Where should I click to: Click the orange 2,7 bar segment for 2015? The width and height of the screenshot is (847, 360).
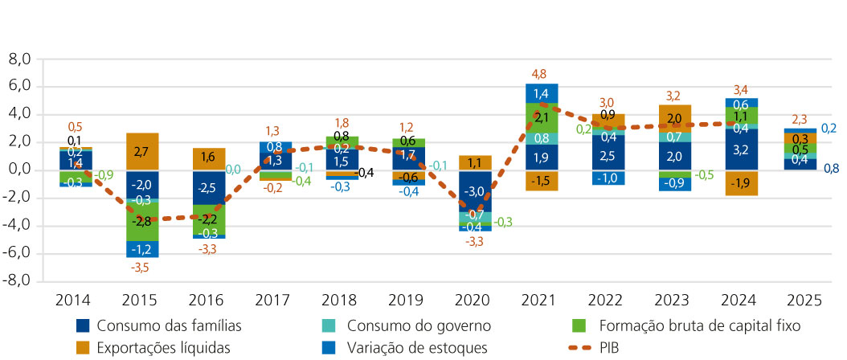coord(141,151)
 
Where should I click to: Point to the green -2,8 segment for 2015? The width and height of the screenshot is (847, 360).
coord(141,220)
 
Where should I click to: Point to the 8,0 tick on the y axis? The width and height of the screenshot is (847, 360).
coord(18,59)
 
